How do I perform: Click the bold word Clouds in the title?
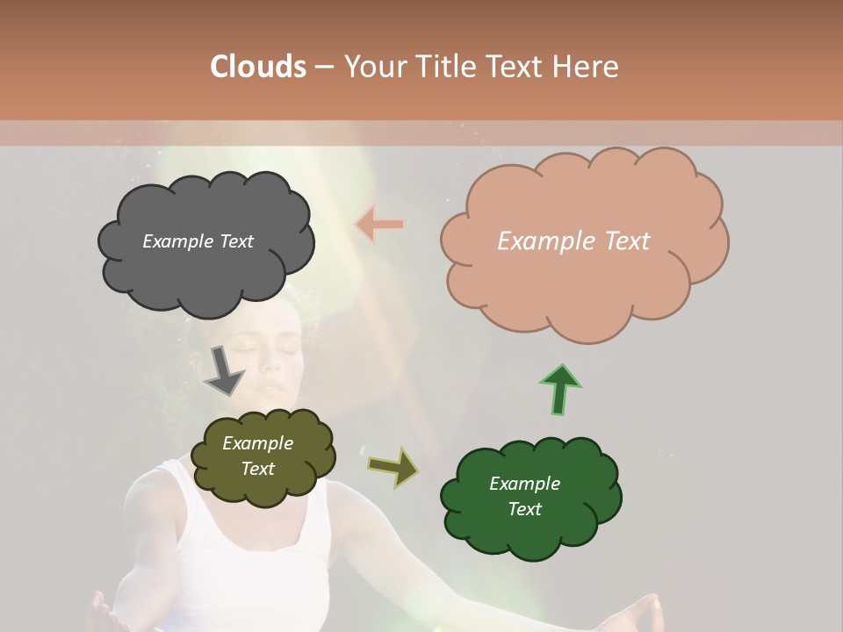258,67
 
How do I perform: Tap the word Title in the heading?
446,67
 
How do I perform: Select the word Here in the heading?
585,67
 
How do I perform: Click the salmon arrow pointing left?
379,225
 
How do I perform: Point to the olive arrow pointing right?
393,468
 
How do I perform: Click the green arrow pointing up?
559,389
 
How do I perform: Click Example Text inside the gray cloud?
198,241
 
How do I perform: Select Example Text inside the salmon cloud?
573,241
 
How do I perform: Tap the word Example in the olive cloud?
257,443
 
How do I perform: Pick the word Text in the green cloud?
524,509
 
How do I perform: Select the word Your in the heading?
373,67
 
